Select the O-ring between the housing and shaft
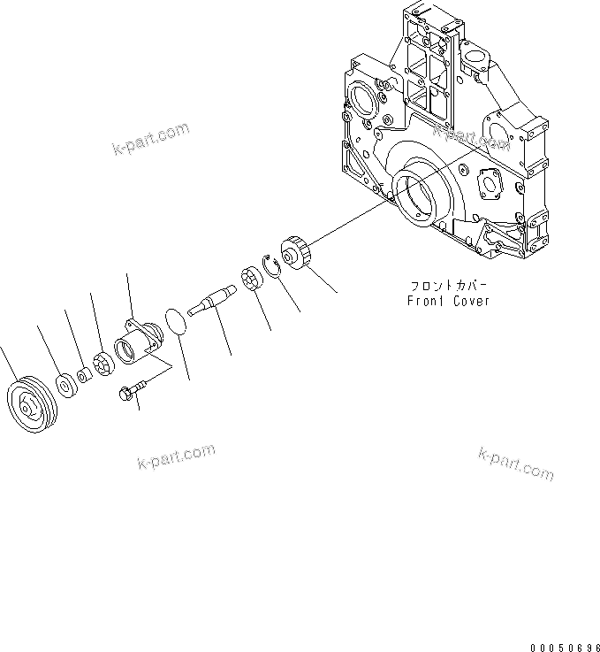coord(177,321)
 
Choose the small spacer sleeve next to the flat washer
coord(81,376)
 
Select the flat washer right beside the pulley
coord(65,384)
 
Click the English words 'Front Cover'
coord(448,301)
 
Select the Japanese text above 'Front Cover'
coord(448,286)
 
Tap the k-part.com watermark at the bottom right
coord(516,464)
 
